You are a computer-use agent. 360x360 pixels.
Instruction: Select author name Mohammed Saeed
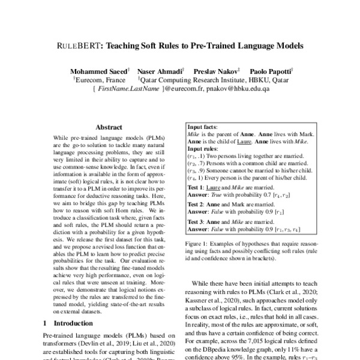(98, 70)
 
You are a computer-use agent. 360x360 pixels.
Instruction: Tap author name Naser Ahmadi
(158, 70)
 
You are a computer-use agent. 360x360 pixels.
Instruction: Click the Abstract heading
(109, 127)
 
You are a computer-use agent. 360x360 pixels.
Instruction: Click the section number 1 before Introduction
(46, 322)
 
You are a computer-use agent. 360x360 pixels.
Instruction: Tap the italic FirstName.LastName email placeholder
(130, 88)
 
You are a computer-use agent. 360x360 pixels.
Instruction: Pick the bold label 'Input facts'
(203, 128)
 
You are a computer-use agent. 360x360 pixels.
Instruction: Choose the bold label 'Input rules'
(203, 148)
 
